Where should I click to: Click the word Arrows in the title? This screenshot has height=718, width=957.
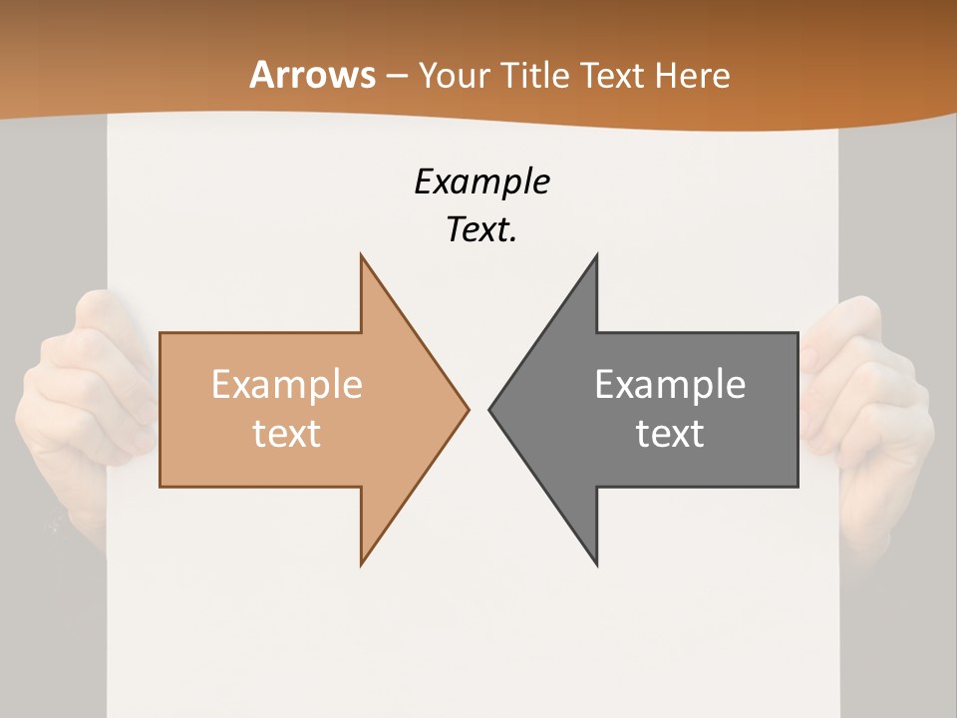pos(313,75)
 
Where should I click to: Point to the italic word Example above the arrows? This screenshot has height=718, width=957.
pos(481,181)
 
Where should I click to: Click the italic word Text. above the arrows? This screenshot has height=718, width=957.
pos(481,230)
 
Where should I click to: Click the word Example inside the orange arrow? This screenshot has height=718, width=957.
pos(287,384)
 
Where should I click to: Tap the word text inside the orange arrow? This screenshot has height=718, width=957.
pos(287,433)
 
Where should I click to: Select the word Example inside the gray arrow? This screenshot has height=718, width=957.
pos(670,384)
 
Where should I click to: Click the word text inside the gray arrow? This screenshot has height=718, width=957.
pos(670,433)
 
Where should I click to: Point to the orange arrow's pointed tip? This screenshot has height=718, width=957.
pos(468,409)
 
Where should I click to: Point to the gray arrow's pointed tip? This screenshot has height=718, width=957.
pos(489,409)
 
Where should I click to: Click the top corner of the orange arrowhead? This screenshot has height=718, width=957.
pos(361,255)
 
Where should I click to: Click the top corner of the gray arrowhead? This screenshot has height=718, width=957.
pos(596,255)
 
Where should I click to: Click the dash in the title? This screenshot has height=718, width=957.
pos(396,76)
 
